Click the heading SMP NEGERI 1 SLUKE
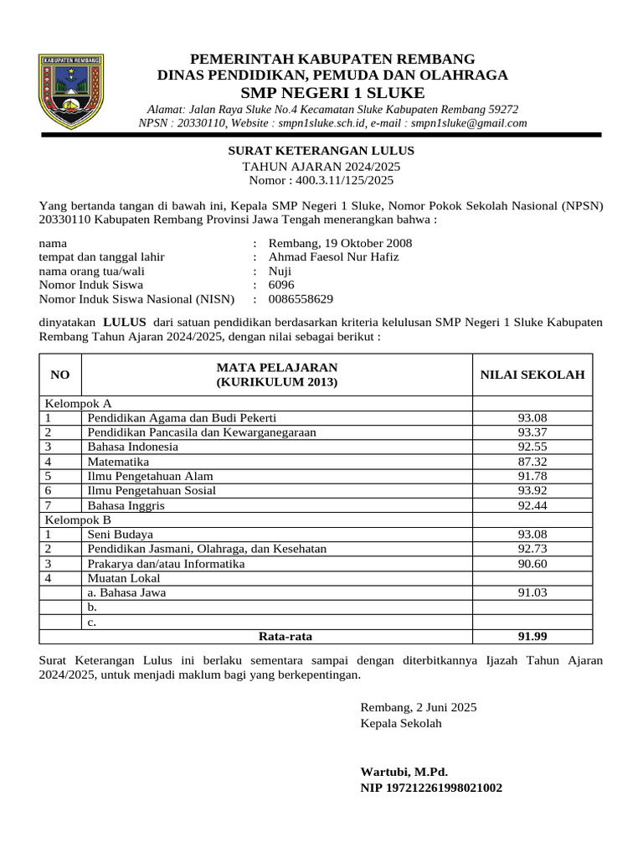point(332,92)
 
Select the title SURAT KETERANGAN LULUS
point(321,151)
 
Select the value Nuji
point(280,271)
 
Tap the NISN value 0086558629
point(301,298)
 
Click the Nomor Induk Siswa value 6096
point(281,285)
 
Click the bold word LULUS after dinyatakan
point(125,322)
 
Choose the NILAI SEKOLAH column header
point(532,375)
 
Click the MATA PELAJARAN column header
point(276,375)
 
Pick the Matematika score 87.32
point(532,462)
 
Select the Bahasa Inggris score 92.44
point(532,505)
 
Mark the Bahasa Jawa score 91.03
point(532,592)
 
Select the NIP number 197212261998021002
point(431,788)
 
